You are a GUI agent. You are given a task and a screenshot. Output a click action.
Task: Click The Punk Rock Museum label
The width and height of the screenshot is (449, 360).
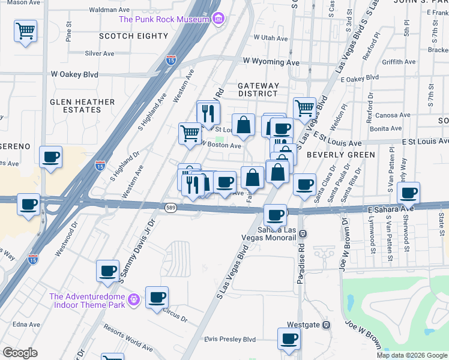click(x=164, y=19)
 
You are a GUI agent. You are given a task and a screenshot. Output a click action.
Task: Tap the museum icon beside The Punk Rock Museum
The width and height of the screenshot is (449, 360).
click(x=218, y=19)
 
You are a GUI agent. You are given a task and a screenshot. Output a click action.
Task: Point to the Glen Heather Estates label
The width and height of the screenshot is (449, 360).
click(x=82, y=106)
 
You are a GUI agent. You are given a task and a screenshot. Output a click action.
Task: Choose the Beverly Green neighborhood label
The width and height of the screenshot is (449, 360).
click(x=340, y=154)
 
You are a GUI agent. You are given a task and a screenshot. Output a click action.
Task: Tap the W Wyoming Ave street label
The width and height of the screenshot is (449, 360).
click(x=271, y=62)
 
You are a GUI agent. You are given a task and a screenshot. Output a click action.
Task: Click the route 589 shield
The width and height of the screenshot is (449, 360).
click(x=170, y=207)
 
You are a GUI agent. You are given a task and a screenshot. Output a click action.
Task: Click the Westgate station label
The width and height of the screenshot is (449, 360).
click(x=302, y=325)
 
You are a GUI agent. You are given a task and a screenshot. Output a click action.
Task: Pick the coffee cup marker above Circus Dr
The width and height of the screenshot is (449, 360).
click(x=157, y=297)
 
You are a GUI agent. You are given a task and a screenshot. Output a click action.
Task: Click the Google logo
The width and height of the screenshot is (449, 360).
click(x=20, y=353)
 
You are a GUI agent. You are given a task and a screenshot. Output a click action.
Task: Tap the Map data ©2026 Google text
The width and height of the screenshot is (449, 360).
click(x=411, y=355)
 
